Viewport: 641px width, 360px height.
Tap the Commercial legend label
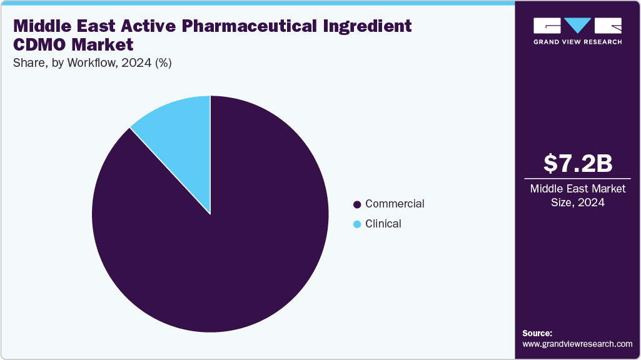click(x=395, y=204)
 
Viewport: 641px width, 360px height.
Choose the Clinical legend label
click(x=383, y=224)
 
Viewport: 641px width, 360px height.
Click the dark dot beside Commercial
click(x=357, y=204)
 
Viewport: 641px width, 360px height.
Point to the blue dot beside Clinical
click(x=357, y=224)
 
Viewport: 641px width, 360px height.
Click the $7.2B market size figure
click(x=577, y=163)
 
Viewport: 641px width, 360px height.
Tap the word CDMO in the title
click(x=41, y=45)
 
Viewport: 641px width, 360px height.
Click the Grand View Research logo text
click(x=577, y=42)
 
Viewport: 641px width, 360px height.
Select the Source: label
click(x=537, y=333)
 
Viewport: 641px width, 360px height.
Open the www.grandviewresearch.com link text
click(x=577, y=344)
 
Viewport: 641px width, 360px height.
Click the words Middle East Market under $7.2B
click(x=577, y=189)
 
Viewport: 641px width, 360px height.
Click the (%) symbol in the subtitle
click(x=164, y=62)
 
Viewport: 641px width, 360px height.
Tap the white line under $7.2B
click(x=577, y=178)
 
